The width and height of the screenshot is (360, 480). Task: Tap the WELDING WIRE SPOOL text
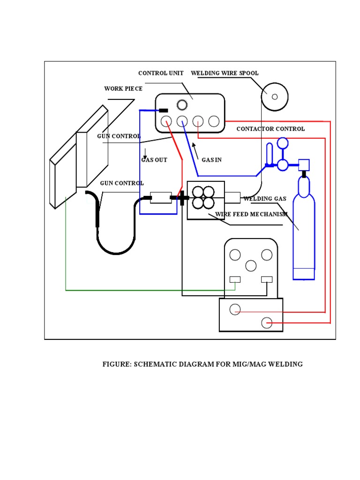(225, 73)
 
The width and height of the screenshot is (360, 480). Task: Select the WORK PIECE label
(123, 89)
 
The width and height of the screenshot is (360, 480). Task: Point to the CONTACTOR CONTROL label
(270, 129)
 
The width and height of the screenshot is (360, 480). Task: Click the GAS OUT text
(154, 160)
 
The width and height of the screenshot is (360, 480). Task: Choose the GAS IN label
(211, 160)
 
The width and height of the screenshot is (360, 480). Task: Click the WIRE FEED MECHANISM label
(251, 215)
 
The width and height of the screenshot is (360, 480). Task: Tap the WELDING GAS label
(265, 199)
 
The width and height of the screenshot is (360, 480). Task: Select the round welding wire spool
(275, 97)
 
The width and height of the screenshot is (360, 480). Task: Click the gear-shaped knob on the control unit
(181, 105)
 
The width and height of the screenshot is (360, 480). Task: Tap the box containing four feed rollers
(206, 200)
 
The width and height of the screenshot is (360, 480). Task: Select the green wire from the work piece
(141, 291)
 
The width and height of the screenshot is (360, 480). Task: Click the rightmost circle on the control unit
(214, 121)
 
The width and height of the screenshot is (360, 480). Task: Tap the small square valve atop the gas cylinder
(304, 165)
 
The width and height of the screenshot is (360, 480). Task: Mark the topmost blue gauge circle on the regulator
(283, 142)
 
